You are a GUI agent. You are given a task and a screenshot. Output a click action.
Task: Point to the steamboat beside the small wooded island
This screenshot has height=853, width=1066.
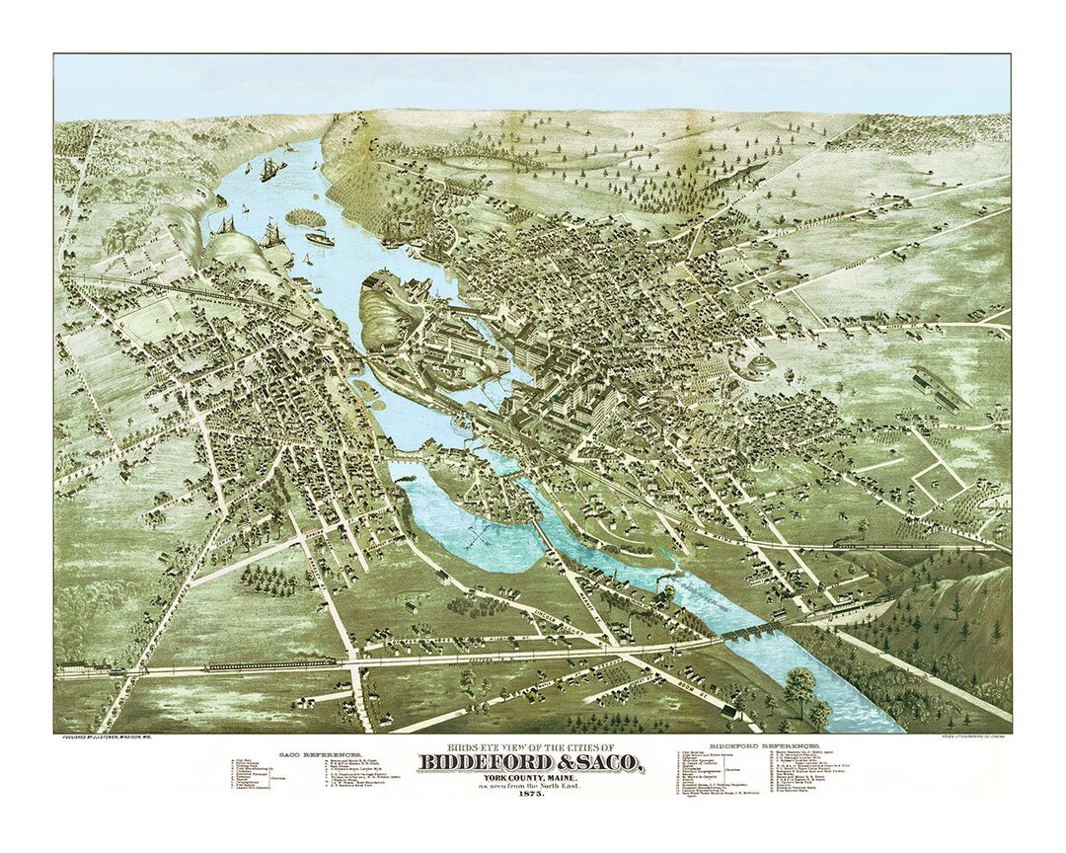[320, 238]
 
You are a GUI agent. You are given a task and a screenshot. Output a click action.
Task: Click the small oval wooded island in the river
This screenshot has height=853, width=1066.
[306, 216]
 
